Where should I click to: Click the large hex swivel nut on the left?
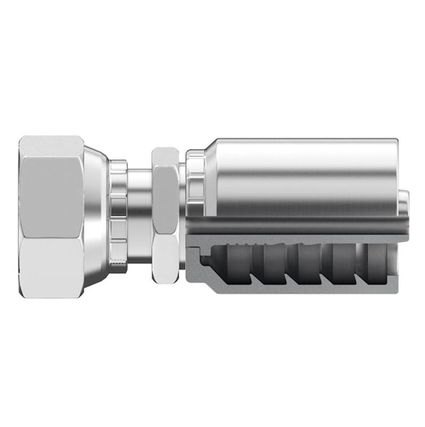(x=52, y=217)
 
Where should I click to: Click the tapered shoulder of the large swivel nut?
(x=96, y=217)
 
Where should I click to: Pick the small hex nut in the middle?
(x=165, y=217)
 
